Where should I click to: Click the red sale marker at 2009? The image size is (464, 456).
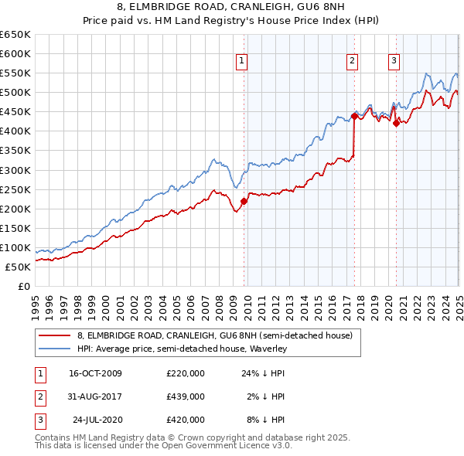(x=244, y=201)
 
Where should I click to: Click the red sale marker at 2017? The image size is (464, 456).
(x=354, y=116)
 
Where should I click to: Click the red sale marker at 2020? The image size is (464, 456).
(x=396, y=122)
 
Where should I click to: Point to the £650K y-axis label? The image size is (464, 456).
(x=15, y=35)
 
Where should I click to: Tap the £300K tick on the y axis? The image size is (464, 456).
(x=15, y=170)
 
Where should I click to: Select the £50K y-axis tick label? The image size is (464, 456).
(x=18, y=267)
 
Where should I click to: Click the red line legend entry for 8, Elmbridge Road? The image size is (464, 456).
(x=214, y=335)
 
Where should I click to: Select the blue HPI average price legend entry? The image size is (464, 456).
(x=182, y=349)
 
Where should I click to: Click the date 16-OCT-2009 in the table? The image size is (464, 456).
(x=96, y=373)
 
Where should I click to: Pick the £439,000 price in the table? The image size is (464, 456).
(x=186, y=396)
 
